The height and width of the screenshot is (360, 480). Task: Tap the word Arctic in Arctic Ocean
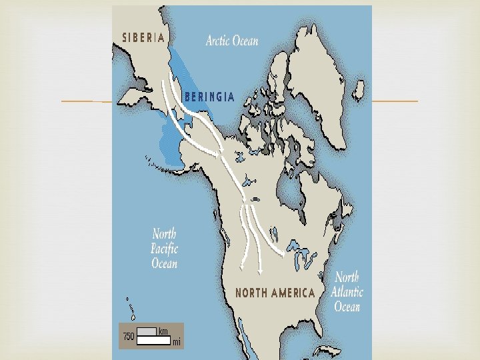coord(218,41)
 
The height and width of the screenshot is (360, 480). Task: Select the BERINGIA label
coord(209,97)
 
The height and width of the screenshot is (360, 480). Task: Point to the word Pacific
coord(165,249)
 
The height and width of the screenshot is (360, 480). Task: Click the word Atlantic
coord(347,291)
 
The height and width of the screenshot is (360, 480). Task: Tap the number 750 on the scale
coord(127,336)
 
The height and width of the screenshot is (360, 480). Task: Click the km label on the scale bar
coord(163,331)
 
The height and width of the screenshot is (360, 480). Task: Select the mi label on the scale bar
coord(176,343)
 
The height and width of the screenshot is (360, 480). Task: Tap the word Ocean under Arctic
coord(245,41)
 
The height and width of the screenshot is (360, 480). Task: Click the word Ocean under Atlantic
coord(347,306)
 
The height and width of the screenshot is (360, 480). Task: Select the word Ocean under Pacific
coord(165,263)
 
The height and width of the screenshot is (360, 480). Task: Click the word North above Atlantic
coord(347,277)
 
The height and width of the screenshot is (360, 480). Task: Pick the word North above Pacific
coord(165,234)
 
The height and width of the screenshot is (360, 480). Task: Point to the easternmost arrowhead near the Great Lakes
coord(287,254)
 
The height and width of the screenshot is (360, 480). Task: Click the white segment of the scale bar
coord(153,339)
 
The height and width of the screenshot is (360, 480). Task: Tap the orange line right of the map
coord(395,101)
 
